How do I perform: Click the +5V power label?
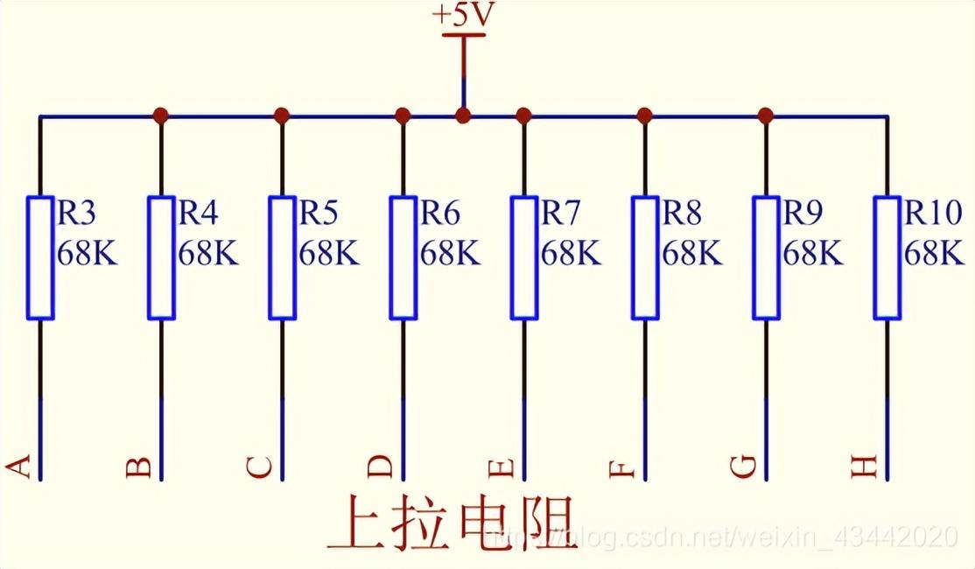(x=463, y=16)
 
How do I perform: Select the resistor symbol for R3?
(x=40, y=257)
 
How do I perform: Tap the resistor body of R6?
(x=403, y=257)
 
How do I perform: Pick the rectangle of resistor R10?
(x=887, y=257)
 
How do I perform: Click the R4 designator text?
(x=198, y=213)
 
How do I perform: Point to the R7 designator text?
(x=560, y=213)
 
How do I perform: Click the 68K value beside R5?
(x=328, y=254)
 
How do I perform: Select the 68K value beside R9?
(x=812, y=254)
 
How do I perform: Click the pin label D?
(x=380, y=467)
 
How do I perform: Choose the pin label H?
(x=864, y=468)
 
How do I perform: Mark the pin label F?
(x=621, y=468)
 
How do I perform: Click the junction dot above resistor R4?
(x=161, y=115)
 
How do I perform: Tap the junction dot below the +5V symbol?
(x=464, y=115)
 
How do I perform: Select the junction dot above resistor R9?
(x=766, y=115)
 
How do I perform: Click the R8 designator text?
(x=682, y=213)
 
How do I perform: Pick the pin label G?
(x=742, y=467)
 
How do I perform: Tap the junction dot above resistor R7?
(x=524, y=115)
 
